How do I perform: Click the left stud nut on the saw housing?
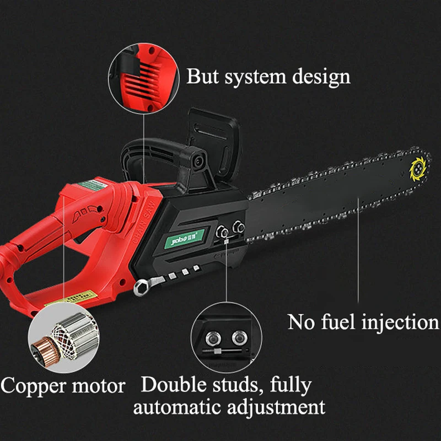pos(222,230)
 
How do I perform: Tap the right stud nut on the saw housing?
pos(238,225)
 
